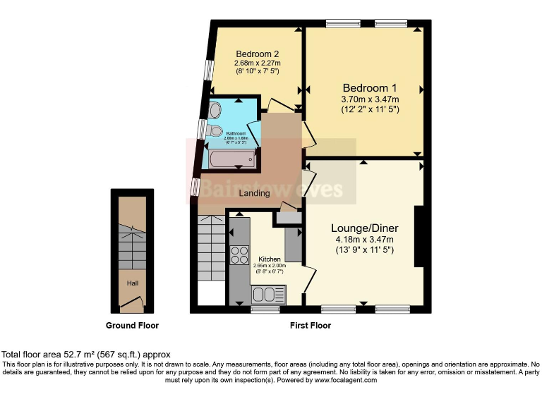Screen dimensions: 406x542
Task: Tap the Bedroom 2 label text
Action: pyautogui.click(x=257, y=54)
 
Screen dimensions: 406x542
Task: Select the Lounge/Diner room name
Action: pyautogui.click(x=365, y=228)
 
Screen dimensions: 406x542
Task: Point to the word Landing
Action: pyautogui.click(x=254, y=193)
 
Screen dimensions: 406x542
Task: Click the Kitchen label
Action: pyautogui.click(x=269, y=259)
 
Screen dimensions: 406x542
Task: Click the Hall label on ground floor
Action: pyautogui.click(x=132, y=283)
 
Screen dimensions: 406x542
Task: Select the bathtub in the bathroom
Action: pyautogui.click(x=231, y=159)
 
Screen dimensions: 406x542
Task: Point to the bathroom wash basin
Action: pyautogui.click(x=215, y=110)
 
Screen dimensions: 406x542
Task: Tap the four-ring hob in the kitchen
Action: pyautogui.click(x=239, y=254)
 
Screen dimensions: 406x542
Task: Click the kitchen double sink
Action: pyautogui.click(x=268, y=294)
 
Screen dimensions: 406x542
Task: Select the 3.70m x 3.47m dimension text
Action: pyautogui.click(x=365, y=99)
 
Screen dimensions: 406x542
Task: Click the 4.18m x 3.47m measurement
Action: pyautogui.click(x=365, y=240)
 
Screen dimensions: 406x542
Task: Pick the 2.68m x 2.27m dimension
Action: pyautogui.click(x=257, y=63)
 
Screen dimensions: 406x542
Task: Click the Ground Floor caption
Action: pyautogui.click(x=132, y=326)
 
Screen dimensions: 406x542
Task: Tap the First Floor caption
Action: pyautogui.click(x=310, y=326)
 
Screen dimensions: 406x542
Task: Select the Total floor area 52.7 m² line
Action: pyautogui.click(x=85, y=354)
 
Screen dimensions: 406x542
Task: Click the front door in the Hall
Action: pyautogui.click(x=132, y=304)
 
